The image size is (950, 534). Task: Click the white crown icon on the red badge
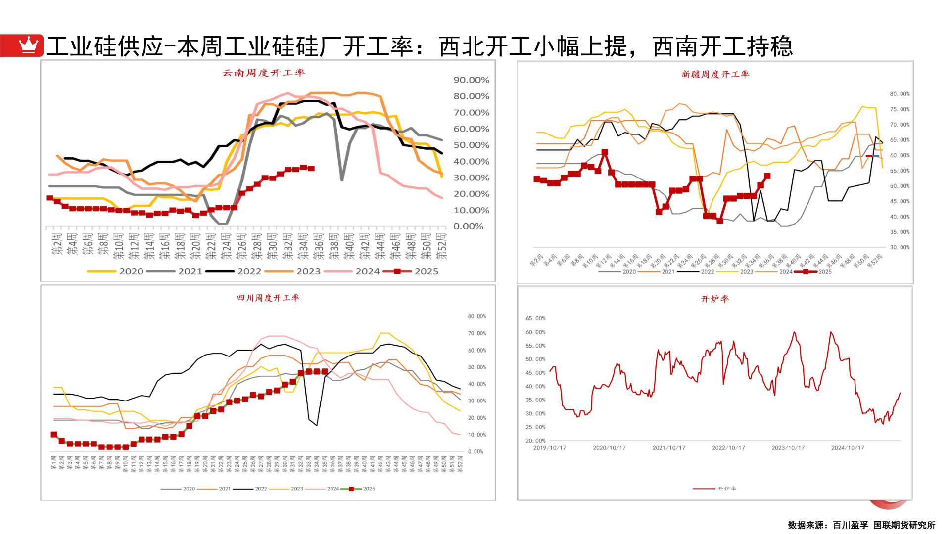(28, 45)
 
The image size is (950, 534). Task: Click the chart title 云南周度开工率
(263, 73)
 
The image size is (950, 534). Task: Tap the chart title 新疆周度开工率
(715, 75)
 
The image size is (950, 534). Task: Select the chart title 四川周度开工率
(268, 298)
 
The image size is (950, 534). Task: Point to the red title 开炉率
(715, 299)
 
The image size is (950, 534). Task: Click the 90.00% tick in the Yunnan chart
(471, 80)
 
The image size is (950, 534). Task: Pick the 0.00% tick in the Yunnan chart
(468, 227)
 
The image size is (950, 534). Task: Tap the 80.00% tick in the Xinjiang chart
(900, 94)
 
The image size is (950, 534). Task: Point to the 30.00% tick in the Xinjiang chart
(900, 247)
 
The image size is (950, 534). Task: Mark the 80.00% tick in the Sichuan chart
(477, 316)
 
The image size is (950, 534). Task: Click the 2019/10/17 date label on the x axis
(549, 448)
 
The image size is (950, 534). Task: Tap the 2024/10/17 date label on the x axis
(848, 448)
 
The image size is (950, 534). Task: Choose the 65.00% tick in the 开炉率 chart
(535, 319)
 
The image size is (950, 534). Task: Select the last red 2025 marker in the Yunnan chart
(311, 169)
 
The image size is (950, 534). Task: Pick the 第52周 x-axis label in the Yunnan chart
(442, 246)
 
